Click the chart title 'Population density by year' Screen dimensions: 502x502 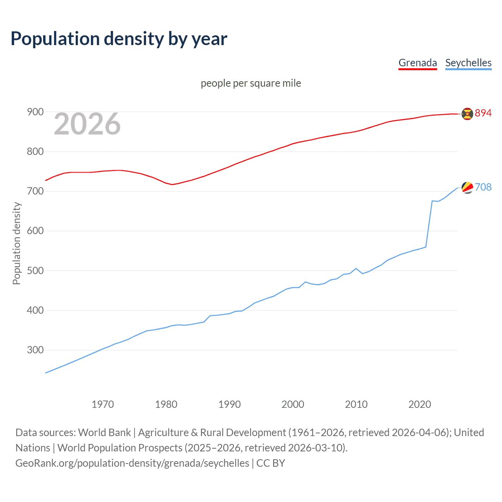[119, 39]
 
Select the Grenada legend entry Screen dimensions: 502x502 [417, 63]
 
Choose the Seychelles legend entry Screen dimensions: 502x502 [468, 63]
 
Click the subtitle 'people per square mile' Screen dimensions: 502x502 [251, 83]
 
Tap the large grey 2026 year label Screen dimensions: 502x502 [87, 124]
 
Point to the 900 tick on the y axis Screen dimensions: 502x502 [35, 112]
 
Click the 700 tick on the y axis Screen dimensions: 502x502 [35, 191]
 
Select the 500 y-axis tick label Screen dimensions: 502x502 [35, 271]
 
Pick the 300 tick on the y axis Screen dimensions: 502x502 [35, 350]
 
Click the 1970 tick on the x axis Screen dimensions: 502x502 [103, 404]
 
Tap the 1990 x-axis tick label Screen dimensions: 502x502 [229, 404]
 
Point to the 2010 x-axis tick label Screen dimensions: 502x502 [356, 404]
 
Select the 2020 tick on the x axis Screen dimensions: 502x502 [420, 404]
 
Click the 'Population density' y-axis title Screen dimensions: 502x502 [16, 243]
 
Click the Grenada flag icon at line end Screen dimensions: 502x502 [467, 114]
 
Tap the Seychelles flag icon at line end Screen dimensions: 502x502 [467, 188]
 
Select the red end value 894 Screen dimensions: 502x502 [483, 113]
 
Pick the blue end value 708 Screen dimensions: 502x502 [483, 187]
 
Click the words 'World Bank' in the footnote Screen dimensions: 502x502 [104, 433]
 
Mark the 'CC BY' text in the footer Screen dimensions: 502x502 [271, 463]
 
